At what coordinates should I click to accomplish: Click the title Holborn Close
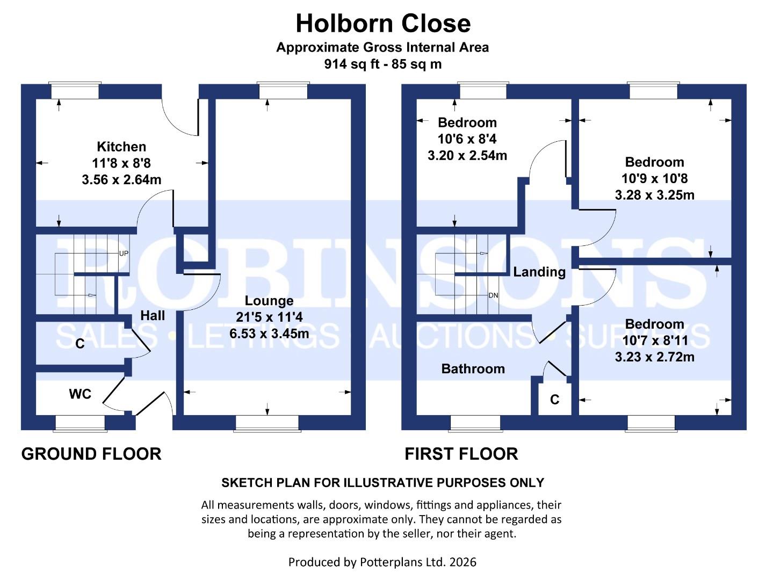[x=383, y=24]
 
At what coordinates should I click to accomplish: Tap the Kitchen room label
[x=121, y=147]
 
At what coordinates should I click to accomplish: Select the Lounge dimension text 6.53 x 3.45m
[x=269, y=334]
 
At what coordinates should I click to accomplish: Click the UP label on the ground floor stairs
[x=124, y=253]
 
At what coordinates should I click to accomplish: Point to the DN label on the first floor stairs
[x=493, y=295]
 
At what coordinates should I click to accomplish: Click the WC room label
[x=80, y=394]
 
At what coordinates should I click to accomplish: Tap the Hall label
[x=153, y=316]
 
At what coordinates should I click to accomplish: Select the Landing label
[x=539, y=272]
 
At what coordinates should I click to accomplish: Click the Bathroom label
[x=473, y=369]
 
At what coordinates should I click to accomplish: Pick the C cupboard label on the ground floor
[x=80, y=344]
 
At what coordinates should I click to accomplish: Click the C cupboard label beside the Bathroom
[x=555, y=400]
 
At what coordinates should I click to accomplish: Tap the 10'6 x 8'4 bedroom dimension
[x=467, y=139]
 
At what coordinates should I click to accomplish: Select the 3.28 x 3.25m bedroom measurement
[x=654, y=195]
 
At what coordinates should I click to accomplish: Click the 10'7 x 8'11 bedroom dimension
[x=654, y=340]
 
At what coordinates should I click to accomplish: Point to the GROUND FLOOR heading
[x=91, y=454]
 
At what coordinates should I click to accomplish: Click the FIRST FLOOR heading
[x=461, y=454]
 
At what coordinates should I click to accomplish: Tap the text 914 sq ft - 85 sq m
[x=383, y=64]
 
